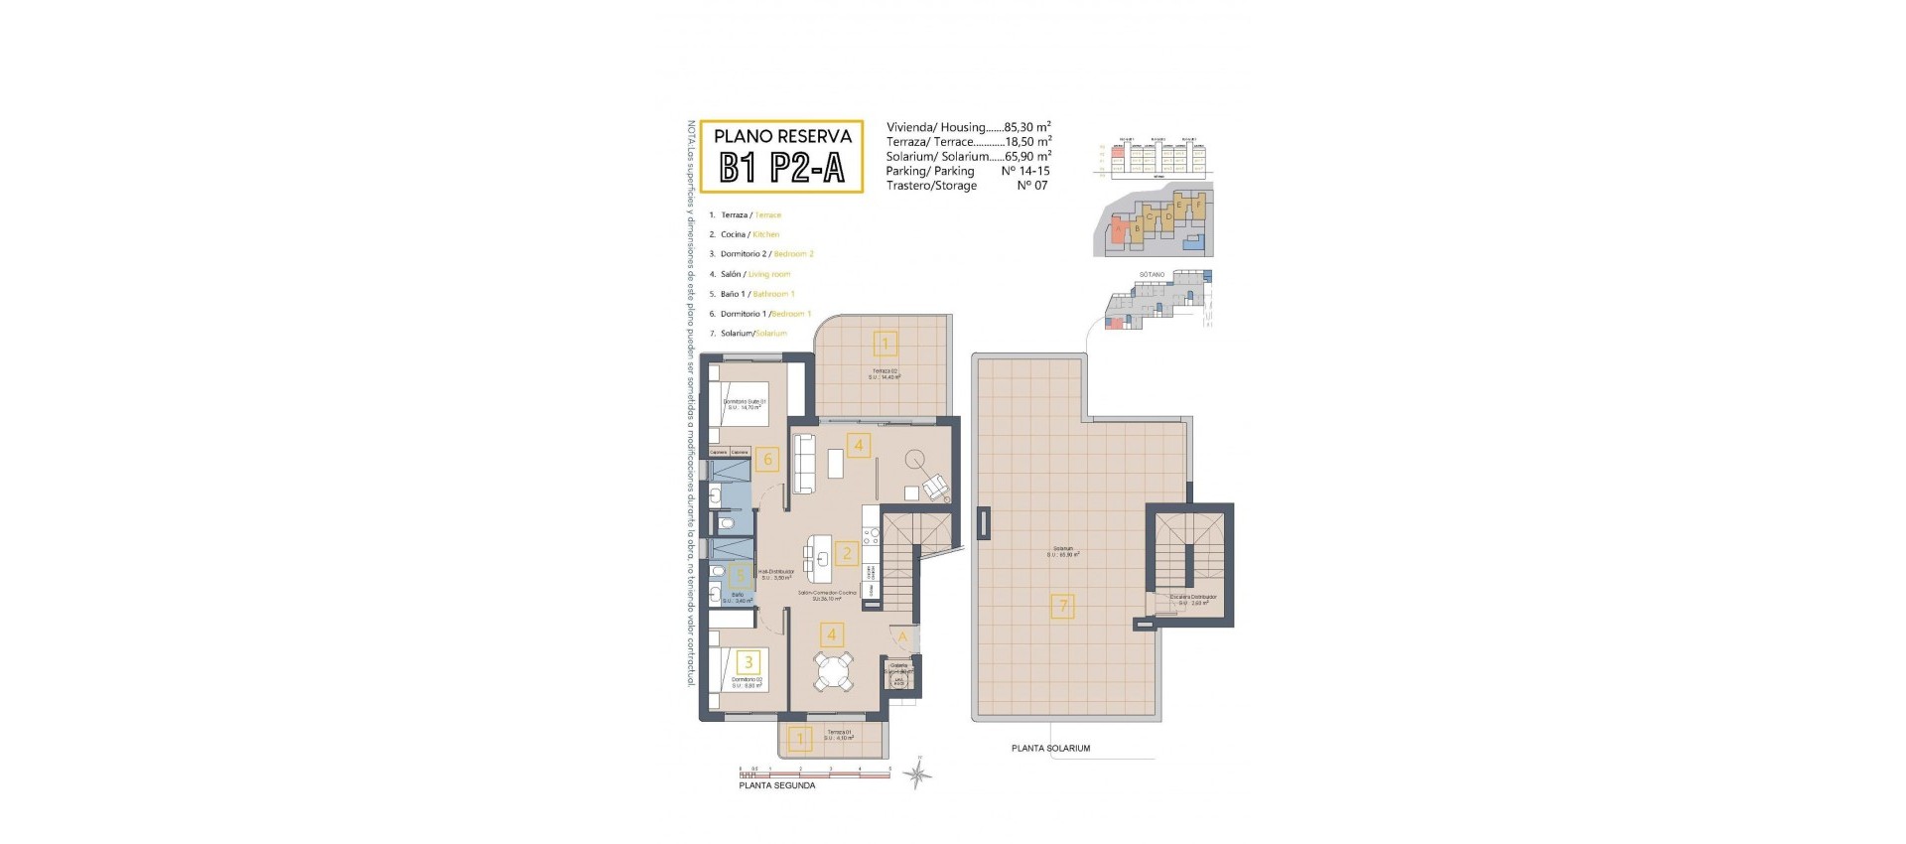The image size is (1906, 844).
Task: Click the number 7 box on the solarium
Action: (1062, 606)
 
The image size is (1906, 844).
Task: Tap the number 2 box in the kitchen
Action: (846, 553)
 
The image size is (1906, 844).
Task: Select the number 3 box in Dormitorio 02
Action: (749, 662)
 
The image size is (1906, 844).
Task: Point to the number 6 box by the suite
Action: (766, 459)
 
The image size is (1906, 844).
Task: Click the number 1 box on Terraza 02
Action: (885, 345)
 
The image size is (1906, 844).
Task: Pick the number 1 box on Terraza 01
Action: (800, 739)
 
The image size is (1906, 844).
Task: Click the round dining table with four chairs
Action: (832, 671)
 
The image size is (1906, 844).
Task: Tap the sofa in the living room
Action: (803, 464)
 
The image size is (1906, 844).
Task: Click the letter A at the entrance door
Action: (902, 636)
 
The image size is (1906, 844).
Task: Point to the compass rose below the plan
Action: (920, 774)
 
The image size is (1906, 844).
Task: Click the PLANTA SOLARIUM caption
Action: (1050, 749)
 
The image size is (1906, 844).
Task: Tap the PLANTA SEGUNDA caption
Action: (777, 785)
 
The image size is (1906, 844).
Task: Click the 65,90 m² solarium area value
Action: (1027, 156)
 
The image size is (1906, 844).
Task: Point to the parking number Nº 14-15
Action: (1025, 171)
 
